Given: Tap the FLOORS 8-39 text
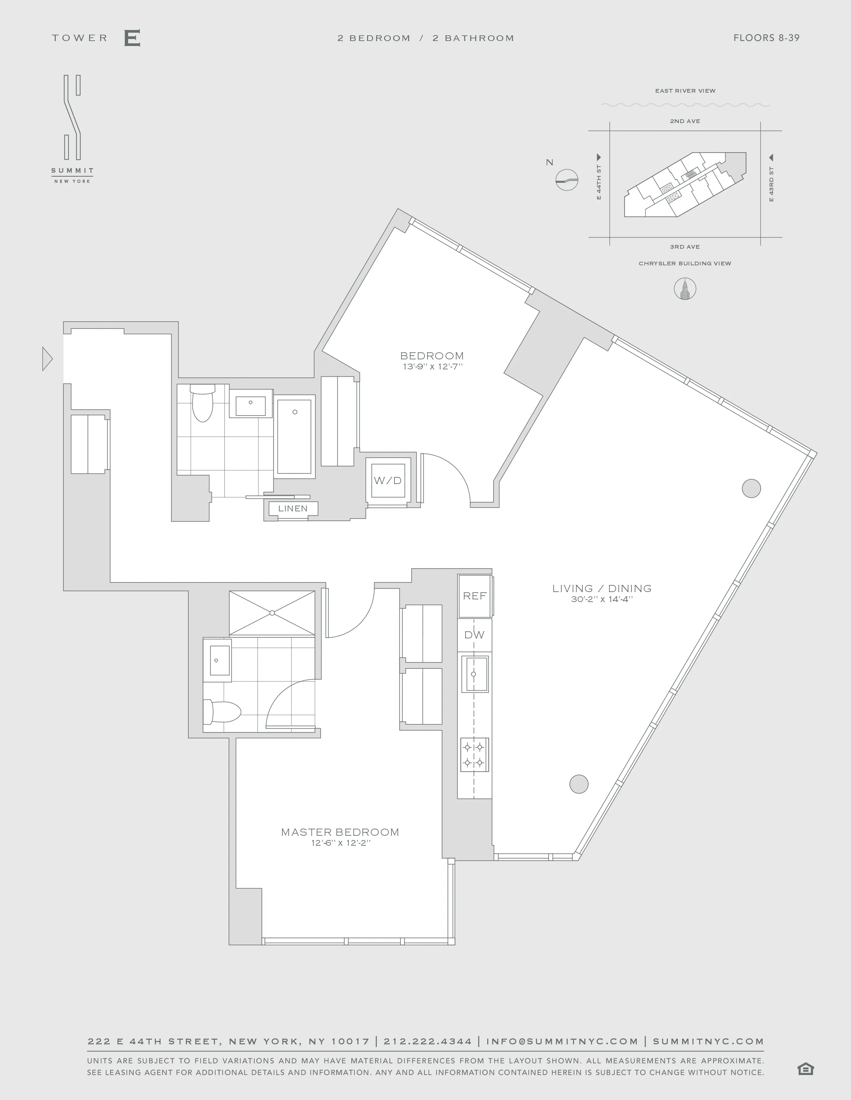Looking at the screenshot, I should [766, 38].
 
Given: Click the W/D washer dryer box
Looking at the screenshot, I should [388, 480].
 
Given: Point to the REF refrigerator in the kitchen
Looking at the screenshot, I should [475, 596].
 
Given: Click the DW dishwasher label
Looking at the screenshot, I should [475, 635].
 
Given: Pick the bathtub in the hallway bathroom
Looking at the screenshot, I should [294, 437].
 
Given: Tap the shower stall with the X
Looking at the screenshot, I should [272, 613].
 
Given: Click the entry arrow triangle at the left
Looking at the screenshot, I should [47, 359].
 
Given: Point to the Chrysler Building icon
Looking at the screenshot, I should [684, 289].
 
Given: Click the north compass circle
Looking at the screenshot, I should [567, 179].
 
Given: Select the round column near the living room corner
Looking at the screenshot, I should [751, 488].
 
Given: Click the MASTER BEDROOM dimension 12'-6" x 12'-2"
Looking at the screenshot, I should [341, 843].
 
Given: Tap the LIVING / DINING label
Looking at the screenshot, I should [601, 588].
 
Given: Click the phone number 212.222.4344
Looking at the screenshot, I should [428, 1041].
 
